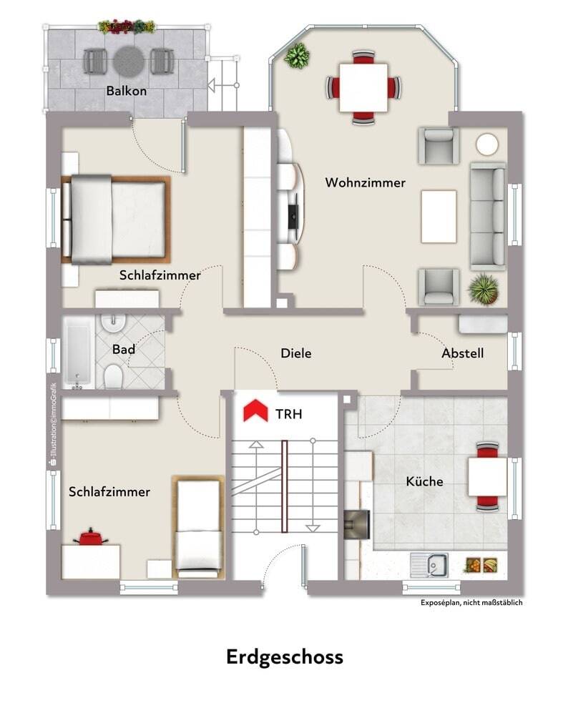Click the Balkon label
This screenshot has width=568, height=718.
[x=127, y=91]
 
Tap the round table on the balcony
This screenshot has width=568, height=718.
[x=129, y=61]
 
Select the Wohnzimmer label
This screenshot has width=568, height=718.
[x=365, y=182]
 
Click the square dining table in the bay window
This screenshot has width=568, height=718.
[x=363, y=88]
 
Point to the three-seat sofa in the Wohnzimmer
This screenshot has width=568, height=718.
[x=488, y=217]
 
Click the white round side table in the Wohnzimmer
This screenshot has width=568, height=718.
[x=486, y=144]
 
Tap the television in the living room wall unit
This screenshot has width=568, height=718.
[x=293, y=212]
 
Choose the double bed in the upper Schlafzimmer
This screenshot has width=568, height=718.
[x=116, y=220]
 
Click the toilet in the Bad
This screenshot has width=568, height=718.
[x=113, y=376]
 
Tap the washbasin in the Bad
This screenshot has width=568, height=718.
[x=113, y=323]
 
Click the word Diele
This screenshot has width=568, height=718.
[x=296, y=353]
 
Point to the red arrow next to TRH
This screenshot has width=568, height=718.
[x=255, y=410]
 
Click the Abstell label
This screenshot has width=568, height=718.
[x=462, y=353]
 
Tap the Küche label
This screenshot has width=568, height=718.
[x=425, y=481]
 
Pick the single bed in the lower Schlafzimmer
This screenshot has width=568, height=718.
[x=198, y=527]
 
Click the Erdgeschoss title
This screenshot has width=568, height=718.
[x=285, y=657]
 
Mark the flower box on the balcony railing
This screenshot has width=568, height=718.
[x=127, y=26]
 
